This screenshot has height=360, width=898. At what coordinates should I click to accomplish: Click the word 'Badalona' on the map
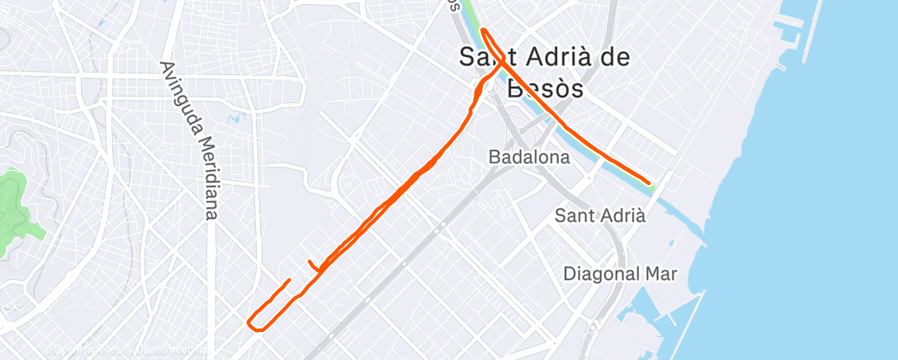click(x=528, y=157)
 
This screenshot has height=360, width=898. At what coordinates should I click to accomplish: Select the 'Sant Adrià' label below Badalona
click(x=599, y=216)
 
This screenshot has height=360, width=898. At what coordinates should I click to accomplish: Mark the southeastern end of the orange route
click(x=649, y=182)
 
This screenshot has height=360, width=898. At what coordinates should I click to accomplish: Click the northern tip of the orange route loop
click(x=484, y=31)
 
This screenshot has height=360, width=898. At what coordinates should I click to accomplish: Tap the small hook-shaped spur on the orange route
click(x=312, y=266)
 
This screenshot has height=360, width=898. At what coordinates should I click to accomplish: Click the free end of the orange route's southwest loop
click(x=290, y=281)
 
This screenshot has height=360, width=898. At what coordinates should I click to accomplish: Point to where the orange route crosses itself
click(x=500, y=59)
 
